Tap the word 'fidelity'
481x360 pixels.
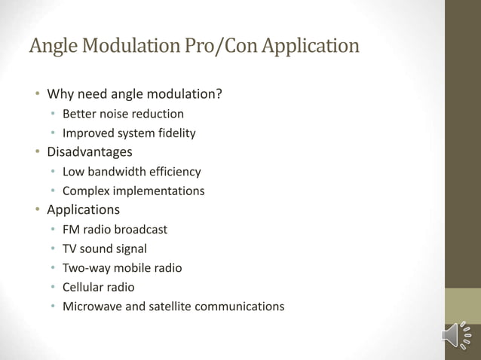point(175,133)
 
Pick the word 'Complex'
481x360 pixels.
point(85,191)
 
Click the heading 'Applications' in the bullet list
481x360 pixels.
point(83,209)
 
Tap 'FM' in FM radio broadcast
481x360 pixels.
point(71,229)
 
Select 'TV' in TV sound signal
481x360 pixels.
point(70,248)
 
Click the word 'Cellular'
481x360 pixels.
point(84,287)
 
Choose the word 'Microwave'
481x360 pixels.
point(91,306)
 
